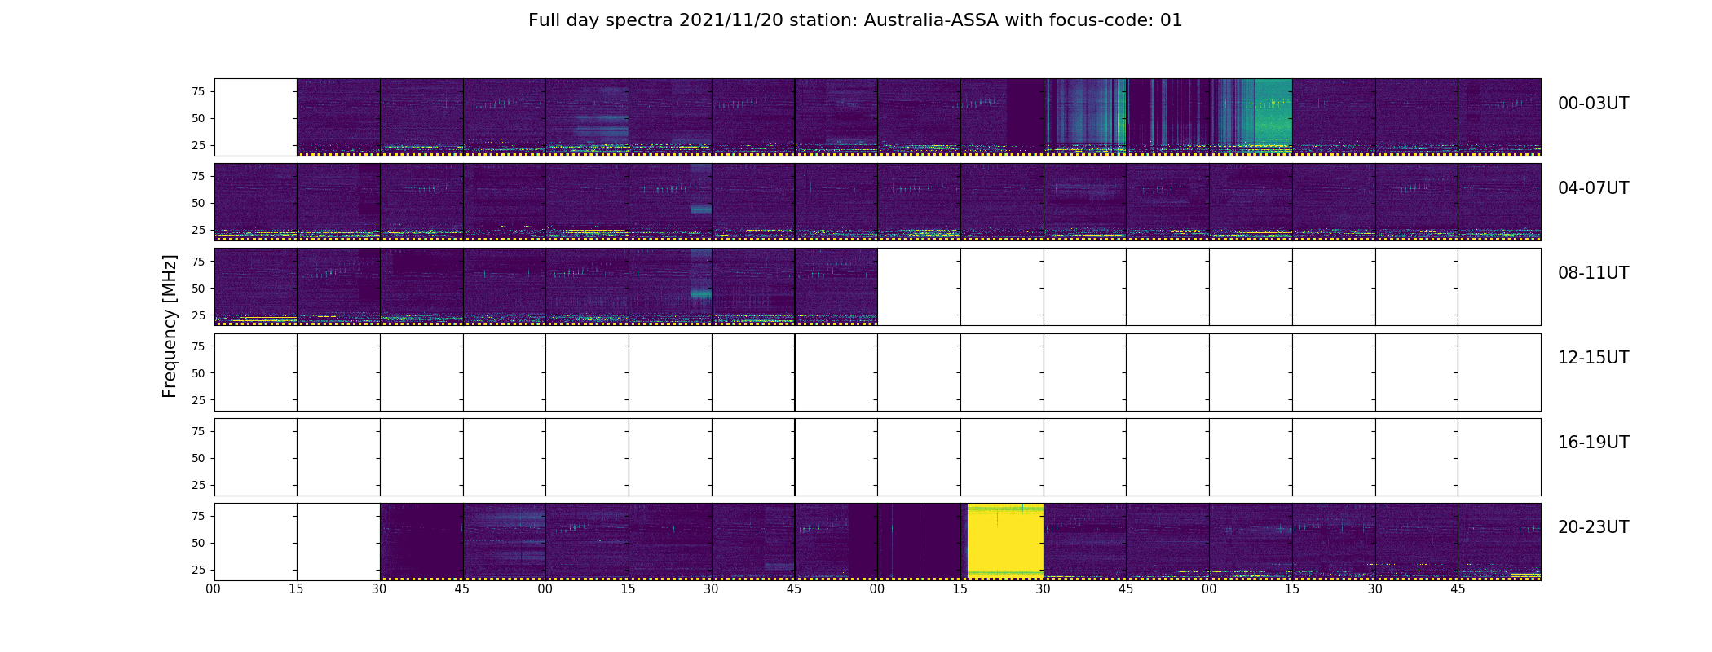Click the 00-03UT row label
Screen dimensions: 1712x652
(x=1593, y=104)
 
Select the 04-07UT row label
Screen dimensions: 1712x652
(x=1593, y=188)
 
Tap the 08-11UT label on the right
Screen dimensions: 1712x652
(x=1593, y=273)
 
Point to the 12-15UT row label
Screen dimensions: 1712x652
(x=1593, y=358)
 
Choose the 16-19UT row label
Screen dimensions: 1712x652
(x=1593, y=443)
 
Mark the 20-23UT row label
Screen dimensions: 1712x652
(x=1593, y=527)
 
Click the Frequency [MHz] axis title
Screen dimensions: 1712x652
(x=170, y=326)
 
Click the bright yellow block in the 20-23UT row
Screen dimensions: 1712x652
(x=1005, y=541)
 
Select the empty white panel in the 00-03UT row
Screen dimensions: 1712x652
(x=256, y=117)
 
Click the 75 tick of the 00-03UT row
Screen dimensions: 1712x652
(x=198, y=91)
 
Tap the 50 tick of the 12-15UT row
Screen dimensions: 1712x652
(x=198, y=373)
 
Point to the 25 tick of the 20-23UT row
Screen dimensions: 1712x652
(x=198, y=570)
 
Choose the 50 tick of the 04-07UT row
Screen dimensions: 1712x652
(x=198, y=203)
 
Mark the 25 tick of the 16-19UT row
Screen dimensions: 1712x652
(x=198, y=485)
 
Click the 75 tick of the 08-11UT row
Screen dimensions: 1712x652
(x=198, y=261)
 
